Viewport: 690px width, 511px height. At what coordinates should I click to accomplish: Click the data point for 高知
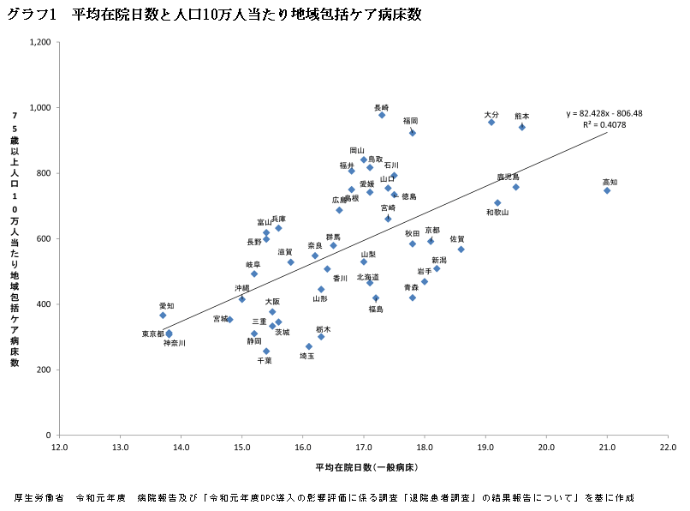607,190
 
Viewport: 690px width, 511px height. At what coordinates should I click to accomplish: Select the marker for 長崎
382,115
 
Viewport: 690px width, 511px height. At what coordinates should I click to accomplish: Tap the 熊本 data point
522,127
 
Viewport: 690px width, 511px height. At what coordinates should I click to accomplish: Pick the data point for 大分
491,123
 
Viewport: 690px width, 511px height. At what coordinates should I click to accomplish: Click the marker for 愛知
163,316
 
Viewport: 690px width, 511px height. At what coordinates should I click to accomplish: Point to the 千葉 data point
266,352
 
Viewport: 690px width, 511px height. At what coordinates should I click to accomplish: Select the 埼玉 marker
309,346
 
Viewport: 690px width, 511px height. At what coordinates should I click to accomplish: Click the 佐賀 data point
461,249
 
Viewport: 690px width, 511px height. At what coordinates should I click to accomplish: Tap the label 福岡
410,121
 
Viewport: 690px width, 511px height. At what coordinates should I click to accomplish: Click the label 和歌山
497,212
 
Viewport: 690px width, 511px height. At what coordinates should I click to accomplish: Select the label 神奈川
175,343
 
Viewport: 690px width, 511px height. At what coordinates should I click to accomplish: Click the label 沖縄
242,288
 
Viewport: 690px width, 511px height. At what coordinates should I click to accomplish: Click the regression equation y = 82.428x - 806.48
604,113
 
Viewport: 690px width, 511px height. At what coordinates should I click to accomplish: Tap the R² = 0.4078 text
604,124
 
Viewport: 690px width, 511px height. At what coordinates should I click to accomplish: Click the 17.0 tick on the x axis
363,447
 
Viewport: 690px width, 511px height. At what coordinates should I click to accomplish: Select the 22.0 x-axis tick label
668,447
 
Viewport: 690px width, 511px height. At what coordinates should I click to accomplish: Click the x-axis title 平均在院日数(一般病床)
366,467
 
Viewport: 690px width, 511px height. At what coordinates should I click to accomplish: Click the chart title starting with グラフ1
213,15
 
